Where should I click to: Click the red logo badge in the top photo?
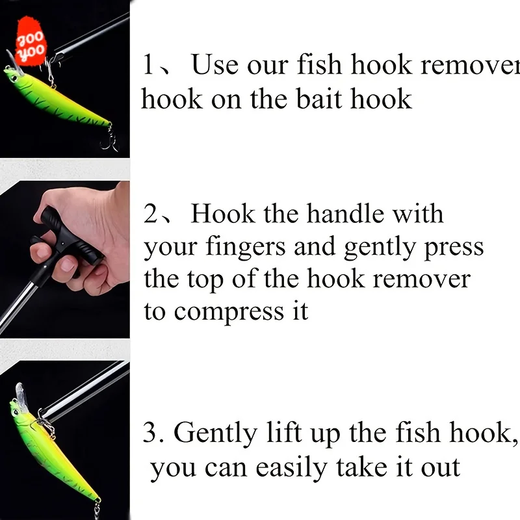31,42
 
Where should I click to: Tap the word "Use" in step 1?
214,64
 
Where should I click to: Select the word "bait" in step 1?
318,99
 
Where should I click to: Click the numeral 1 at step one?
149,64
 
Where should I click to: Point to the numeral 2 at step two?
151,214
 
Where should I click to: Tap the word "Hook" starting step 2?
223,214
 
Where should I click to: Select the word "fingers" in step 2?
246,246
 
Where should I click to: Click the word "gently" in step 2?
380,247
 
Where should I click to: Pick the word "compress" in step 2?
229,313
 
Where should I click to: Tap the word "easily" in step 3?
291,467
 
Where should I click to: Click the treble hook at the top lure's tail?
109,141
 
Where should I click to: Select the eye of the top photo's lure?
14,79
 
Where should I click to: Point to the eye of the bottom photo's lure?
16,412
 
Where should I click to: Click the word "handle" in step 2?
345,214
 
